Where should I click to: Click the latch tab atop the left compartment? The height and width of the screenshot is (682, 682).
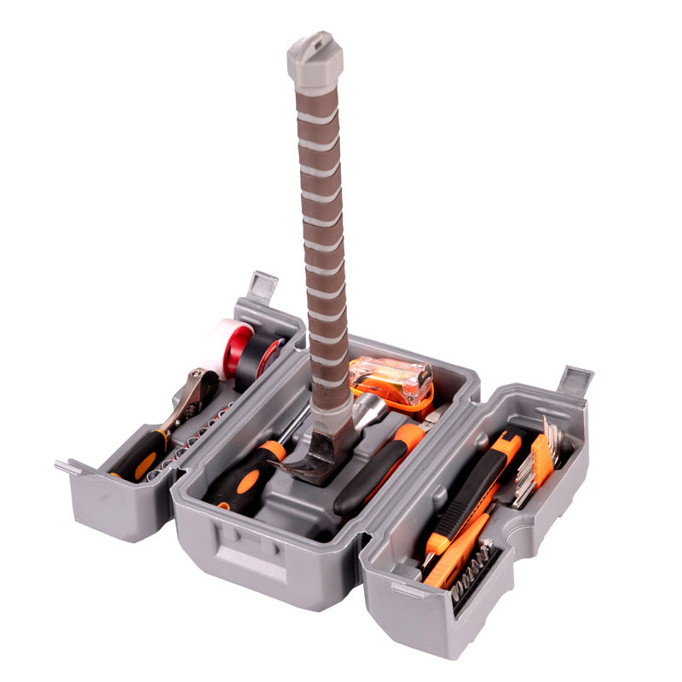(260, 285)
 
